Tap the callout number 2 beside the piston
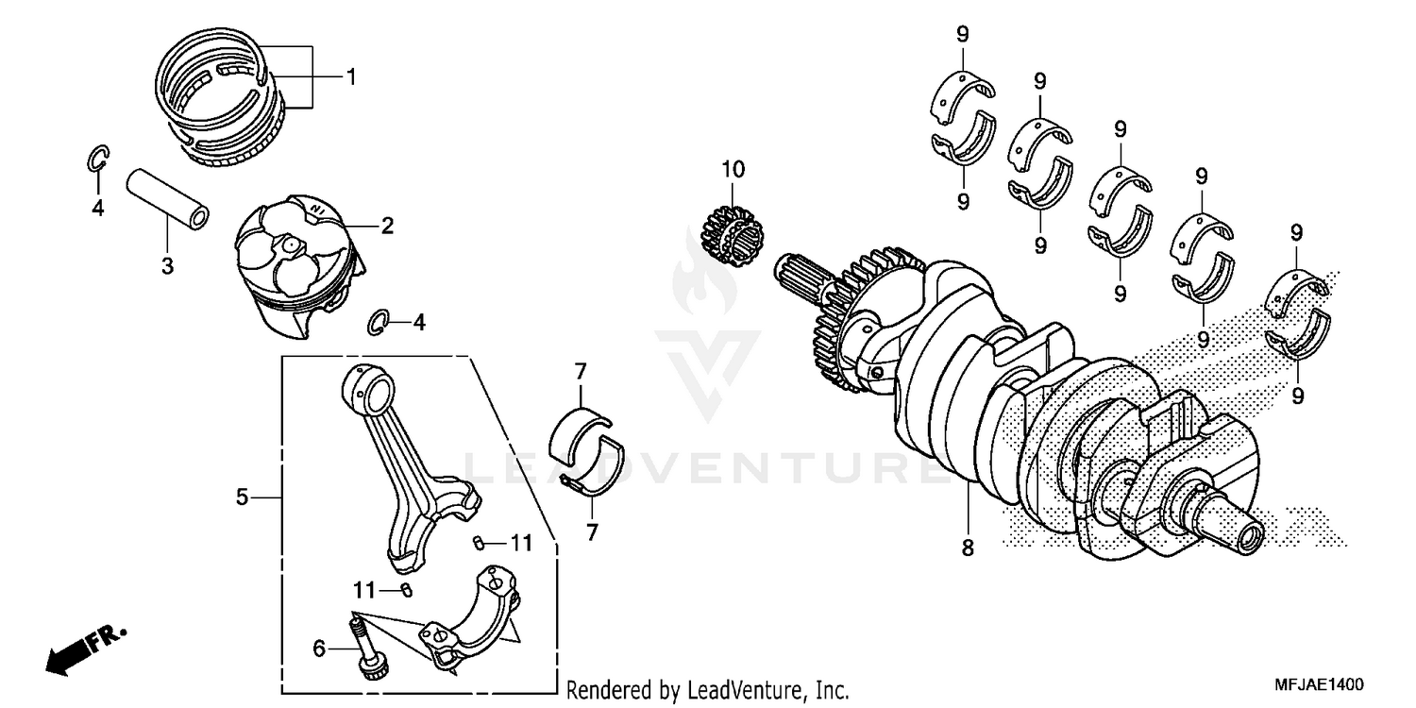[x=387, y=226]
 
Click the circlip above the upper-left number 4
[x=98, y=160]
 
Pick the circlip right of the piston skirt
[x=378, y=322]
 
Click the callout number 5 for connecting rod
[x=242, y=497]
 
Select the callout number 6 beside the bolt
[x=319, y=648]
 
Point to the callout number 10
[x=733, y=170]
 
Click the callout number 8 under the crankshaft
[x=968, y=548]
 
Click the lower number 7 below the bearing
[x=592, y=532]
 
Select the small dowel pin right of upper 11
[x=478, y=542]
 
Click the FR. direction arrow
[x=81, y=649]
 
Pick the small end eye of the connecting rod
[x=370, y=385]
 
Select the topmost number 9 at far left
[x=962, y=35]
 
